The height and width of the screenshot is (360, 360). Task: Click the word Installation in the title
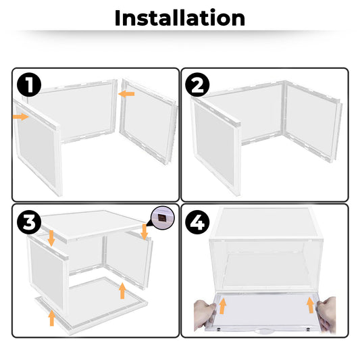180,18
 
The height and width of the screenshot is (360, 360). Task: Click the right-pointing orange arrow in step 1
21,117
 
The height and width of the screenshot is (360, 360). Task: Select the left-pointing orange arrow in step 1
126,94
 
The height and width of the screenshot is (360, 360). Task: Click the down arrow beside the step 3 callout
145,232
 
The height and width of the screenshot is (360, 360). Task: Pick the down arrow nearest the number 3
52,237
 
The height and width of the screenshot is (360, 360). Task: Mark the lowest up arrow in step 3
51,317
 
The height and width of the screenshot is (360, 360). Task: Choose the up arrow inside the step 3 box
122,290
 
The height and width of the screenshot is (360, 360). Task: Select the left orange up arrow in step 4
222,305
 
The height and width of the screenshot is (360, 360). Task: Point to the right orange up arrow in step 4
310,305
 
